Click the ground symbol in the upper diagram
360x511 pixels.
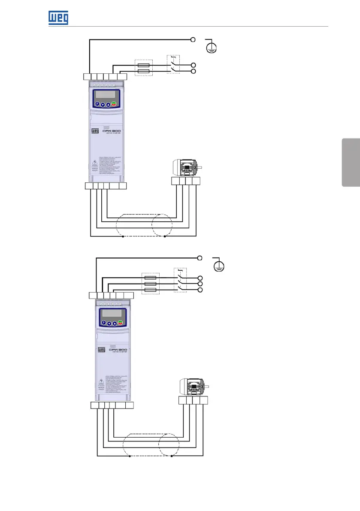point(211,47)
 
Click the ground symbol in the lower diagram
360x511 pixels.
point(218,266)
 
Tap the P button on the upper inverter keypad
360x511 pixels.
point(97,104)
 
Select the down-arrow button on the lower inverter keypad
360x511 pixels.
point(109,323)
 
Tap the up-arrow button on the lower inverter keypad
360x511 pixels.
point(115,323)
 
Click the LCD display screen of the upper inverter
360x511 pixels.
point(106,94)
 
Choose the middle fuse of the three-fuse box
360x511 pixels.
point(150,284)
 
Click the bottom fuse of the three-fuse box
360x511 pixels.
point(150,290)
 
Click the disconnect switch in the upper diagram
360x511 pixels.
point(173,64)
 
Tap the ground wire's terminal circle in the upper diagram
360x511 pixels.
point(193,39)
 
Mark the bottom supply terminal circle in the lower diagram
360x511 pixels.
point(200,290)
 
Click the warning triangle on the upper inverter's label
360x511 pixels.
point(95,163)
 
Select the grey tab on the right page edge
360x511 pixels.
point(351,162)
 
